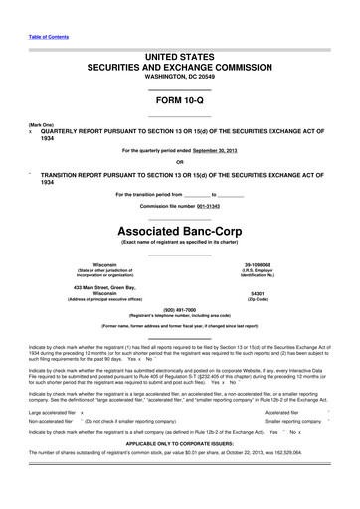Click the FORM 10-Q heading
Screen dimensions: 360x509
pyautogui.click(x=179, y=101)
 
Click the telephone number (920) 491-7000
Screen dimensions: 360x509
pyautogui.click(x=179, y=308)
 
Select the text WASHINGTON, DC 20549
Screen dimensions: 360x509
pyautogui.click(x=179, y=76)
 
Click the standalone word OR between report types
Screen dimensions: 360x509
pyautogui.click(x=179, y=162)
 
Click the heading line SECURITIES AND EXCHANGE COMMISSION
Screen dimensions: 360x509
pyautogui.click(x=179, y=63)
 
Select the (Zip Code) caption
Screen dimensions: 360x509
pyautogui.click(x=257, y=299)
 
